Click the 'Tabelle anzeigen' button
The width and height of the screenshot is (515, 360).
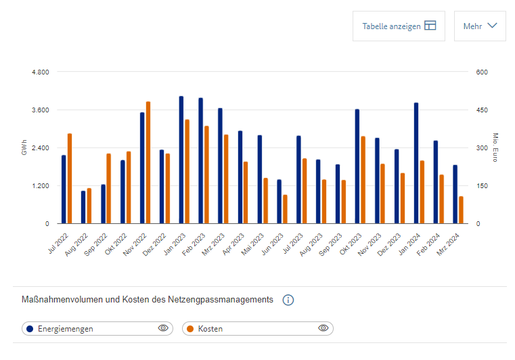point(399,26)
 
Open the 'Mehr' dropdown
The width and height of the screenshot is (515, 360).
point(480,26)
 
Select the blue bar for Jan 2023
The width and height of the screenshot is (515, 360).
point(181,160)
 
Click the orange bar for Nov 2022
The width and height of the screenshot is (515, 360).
point(148,162)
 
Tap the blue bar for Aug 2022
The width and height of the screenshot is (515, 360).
point(83,207)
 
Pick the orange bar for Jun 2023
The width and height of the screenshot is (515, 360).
point(285,209)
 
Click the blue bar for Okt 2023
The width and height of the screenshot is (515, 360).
point(357,166)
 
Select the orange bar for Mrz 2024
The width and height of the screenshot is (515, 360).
point(461,210)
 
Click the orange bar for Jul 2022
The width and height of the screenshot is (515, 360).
point(70,179)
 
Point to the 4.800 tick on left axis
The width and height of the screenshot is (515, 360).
point(40,72)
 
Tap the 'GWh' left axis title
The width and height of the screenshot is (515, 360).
point(24,148)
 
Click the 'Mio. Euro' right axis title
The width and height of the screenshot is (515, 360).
point(495,148)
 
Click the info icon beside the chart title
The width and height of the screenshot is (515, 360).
point(288,300)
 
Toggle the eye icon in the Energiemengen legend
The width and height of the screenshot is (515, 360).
point(162,328)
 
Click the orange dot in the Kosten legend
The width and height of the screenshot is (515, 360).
point(190,329)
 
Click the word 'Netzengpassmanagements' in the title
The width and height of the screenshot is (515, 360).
point(227,299)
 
